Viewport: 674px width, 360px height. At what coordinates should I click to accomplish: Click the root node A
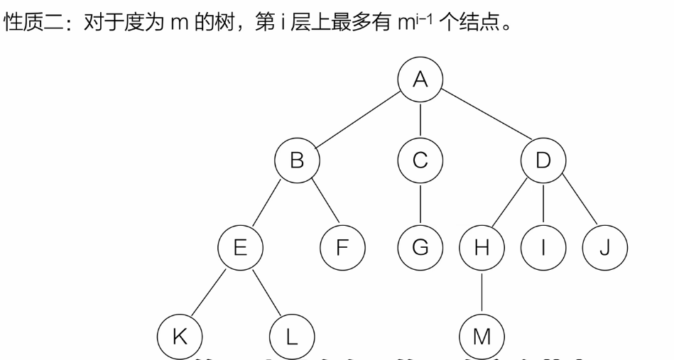pyautogui.click(x=420, y=80)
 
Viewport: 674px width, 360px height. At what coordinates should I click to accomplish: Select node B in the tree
pyautogui.click(x=298, y=160)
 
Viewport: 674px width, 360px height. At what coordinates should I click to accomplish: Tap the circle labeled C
pyautogui.click(x=420, y=160)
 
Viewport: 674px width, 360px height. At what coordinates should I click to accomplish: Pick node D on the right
pyautogui.click(x=543, y=160)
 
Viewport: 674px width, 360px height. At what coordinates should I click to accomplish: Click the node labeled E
pyautogui.click(x=240, y=249)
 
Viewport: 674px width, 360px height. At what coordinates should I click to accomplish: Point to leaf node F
pyautogui.click(x=343, y=249)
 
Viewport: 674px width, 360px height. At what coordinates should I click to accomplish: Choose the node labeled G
pyautogui.click(x=420, y=249)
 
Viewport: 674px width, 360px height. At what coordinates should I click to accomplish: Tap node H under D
pyautogui.click(x=482, y=249)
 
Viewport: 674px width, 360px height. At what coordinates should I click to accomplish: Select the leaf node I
pyautogui.click(x=543, y=249)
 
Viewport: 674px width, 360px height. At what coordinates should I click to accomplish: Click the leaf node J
pyautogui.click(x=605, y=249)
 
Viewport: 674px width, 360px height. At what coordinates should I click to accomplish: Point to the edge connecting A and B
pyautogui.click(x=359, y=120)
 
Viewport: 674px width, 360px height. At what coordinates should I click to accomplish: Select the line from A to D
pyautogui.click(x=482, y=120)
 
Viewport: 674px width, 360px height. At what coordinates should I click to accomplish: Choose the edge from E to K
pyautogui.click(x=210, y=292)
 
